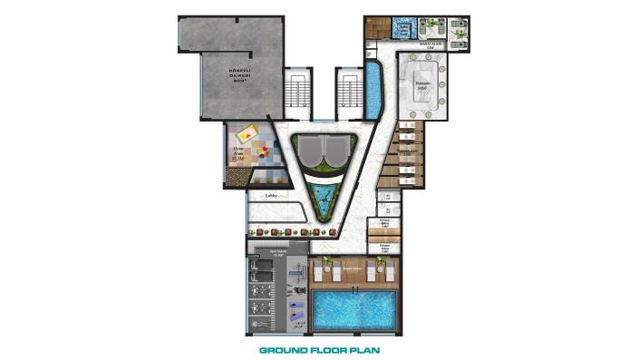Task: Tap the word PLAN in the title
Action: tap(363, 348)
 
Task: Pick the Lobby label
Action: tap(269, 195)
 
